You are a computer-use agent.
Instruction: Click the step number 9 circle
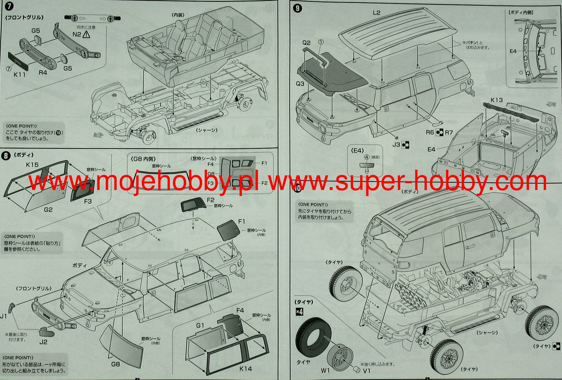[x=297, y=8]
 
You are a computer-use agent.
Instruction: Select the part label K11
[x=19, y=74]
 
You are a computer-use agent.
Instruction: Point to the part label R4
[x=43, y=73]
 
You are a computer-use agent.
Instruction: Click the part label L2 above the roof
[x=376, y=13]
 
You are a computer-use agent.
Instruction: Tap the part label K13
[x=496, y=100]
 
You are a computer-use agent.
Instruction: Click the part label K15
[x=32, y=165]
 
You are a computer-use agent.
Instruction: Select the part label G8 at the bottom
[x=116, y=364]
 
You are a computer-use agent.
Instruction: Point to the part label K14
[x=245, y=369]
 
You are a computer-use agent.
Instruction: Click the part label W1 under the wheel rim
[x=325, y=371]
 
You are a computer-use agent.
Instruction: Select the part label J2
[x=43, y=342]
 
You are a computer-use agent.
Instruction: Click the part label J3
[x=396, y=144]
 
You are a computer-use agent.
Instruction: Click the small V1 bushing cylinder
[x=357, y=370]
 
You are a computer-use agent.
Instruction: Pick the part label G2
[x=48, y=210]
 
